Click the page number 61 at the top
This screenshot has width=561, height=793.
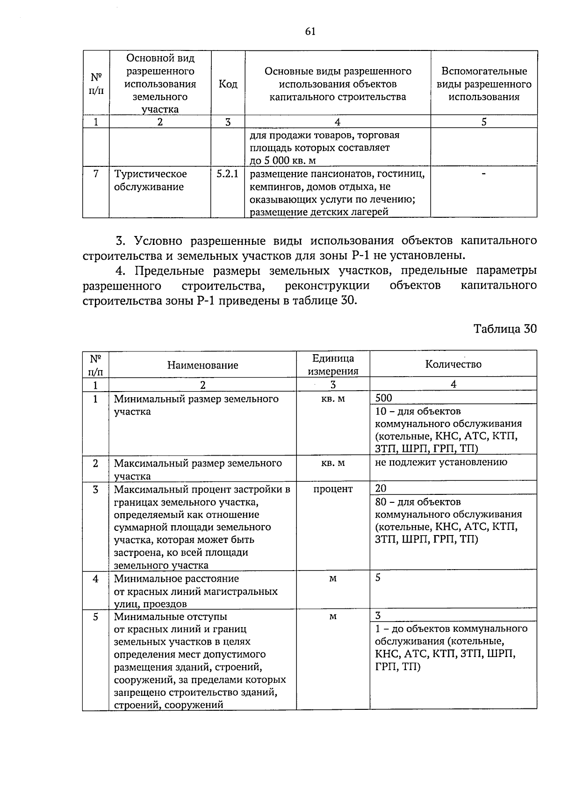(310, 31)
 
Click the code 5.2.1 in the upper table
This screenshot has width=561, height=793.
(227, 174)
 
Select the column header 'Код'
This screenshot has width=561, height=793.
(228, 84)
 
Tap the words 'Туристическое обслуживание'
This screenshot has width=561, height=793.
(151, 180)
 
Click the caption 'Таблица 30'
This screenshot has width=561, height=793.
(505, 329)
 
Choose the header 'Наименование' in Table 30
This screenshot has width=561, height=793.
(202, 365)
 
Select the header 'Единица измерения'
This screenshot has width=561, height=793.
(333, 364)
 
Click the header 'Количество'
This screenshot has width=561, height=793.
(453, 364)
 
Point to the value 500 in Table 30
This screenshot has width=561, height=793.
(384, 398)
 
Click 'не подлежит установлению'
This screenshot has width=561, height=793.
(441, 462)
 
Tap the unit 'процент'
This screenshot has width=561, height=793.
(333, 489)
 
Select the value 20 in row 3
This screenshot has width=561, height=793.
(381, 488)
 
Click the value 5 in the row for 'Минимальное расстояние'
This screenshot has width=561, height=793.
(378, 578)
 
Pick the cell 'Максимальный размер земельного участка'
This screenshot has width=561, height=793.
(198, 469)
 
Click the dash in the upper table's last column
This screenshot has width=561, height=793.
(483, 174)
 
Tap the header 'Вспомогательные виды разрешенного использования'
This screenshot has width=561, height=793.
(484, 84)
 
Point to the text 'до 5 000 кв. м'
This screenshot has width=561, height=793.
(283, 161)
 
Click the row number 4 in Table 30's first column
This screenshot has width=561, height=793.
(95, 579)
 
